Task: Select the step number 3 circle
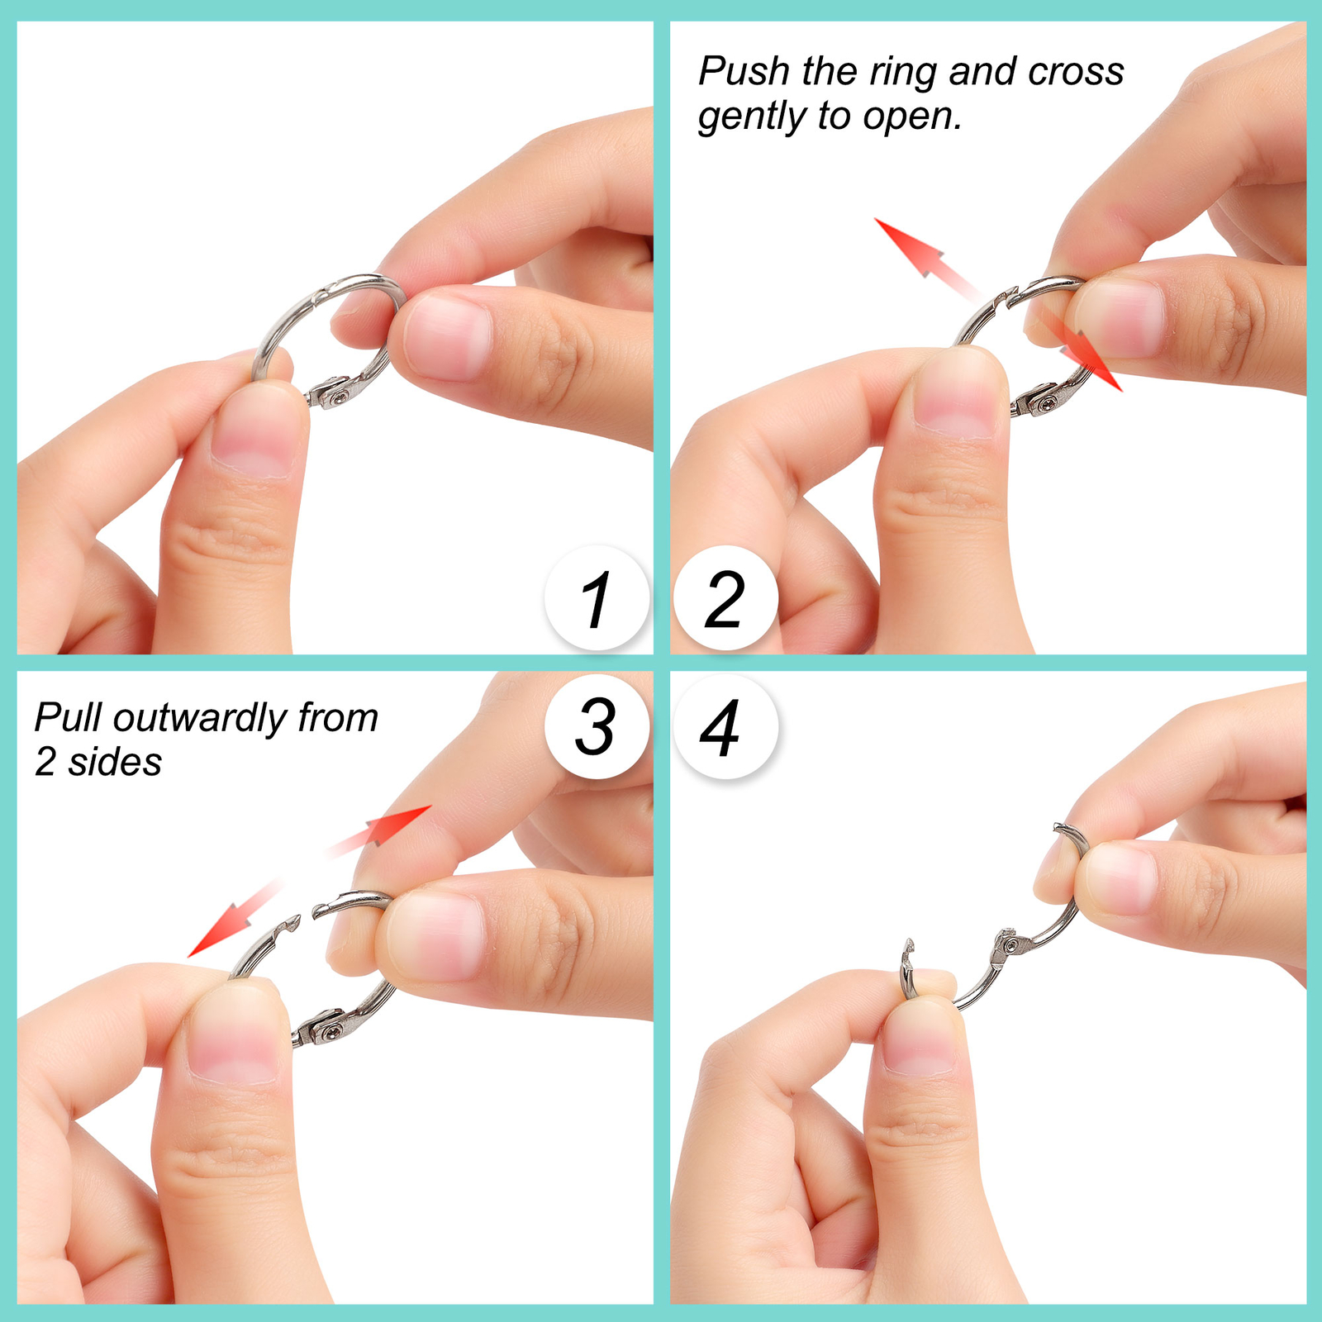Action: click(x=597, y=725)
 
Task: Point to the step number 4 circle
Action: click(x=725, y=725)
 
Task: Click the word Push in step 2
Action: click(x=744, y=71)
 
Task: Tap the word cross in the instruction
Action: click(x=1076, y=72)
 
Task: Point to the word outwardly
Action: click(x=201, y=719)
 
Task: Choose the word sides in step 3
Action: click(x=115, y=762)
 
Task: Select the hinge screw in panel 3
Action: click(x=333, y=1029)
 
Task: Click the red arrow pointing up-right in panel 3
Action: click(x=379, y=831)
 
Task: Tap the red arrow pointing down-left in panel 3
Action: click(x=235, y=918)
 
